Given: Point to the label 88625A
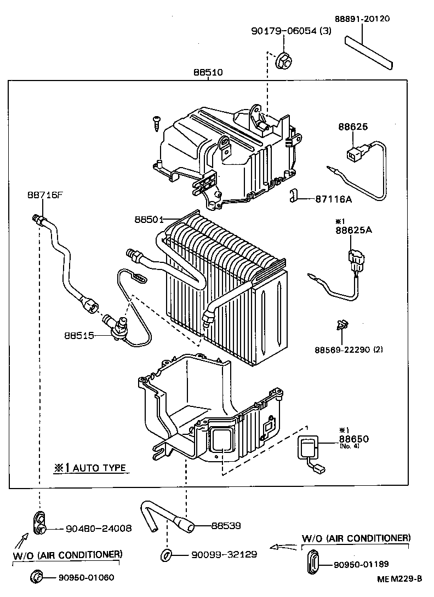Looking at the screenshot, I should (353, 230).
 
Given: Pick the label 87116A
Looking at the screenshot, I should (333, 199).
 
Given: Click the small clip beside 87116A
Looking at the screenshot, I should (294, 196).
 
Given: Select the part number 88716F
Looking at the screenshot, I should (44, 195).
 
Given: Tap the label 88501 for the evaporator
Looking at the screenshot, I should (149, 219).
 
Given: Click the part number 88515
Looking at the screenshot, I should (78, 335).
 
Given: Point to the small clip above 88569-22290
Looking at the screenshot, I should (341, 326).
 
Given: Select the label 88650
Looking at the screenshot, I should (353, 439).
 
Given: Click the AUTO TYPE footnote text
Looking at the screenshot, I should (90, 468).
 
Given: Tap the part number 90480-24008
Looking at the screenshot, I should (99, 529).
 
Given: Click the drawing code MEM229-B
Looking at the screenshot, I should (399, 578).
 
